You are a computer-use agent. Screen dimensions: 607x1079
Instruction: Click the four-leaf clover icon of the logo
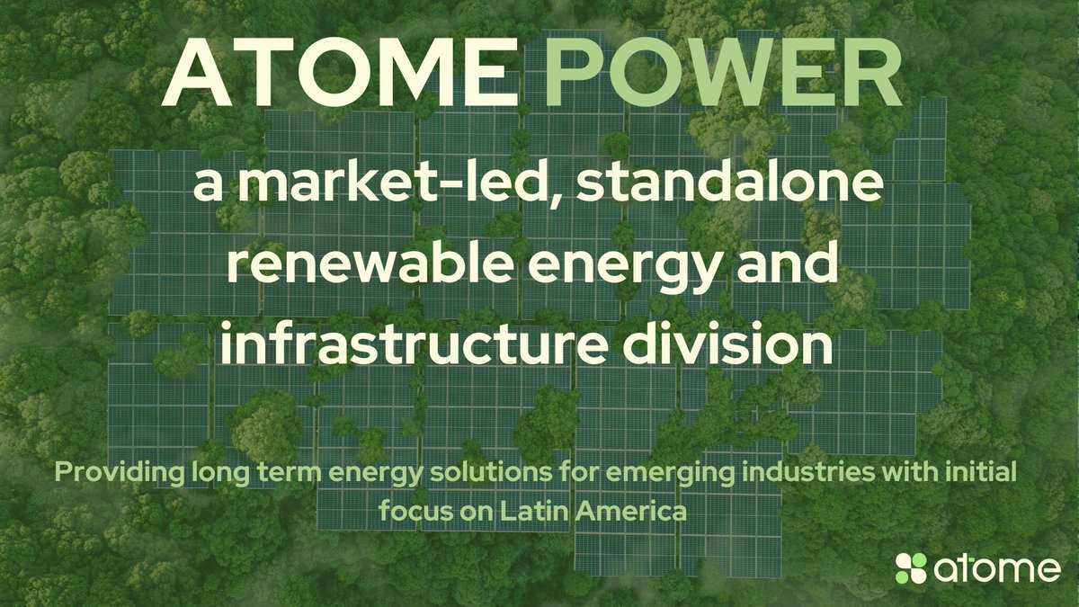[911, 568]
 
